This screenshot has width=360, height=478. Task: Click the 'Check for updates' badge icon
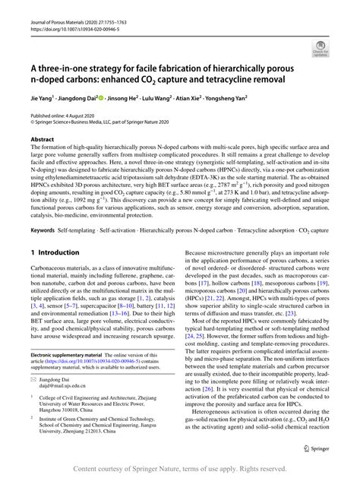[324, 51]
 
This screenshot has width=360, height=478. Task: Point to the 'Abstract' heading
[43, 140]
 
